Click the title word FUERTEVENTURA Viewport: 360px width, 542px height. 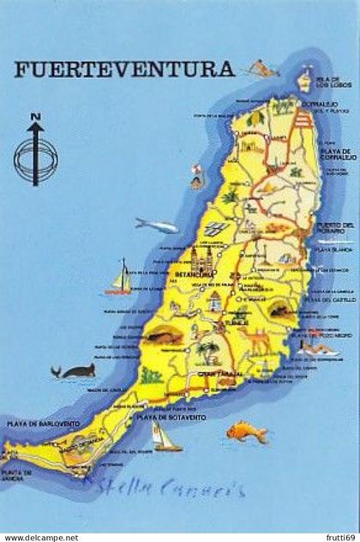(123, 70)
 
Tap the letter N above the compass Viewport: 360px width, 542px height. (35, 117)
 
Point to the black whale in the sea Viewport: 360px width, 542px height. (75, 370)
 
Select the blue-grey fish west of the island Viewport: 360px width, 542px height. (156, 226)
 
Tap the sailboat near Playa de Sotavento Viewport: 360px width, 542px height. (165, 438)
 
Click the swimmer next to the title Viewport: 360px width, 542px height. (261, 69)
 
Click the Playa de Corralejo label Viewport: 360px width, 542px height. (336, 154)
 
